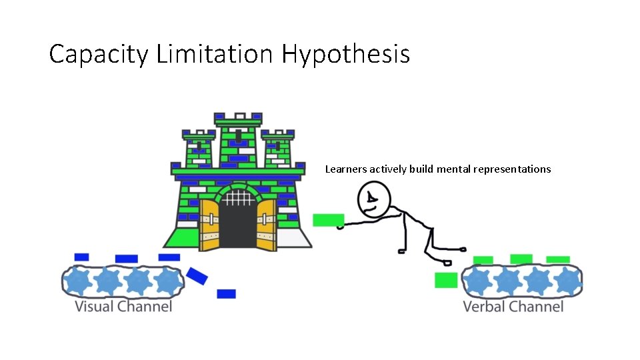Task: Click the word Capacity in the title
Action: (x=99, y=54)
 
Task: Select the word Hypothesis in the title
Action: (x=345, y=54)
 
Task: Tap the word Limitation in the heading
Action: (x=215, y=53)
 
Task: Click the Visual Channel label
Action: (x=123, y=307)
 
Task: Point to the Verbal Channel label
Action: (x=513, y=307)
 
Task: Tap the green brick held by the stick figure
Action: (x=328, y=220)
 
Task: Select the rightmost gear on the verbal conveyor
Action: (x=567, y=281)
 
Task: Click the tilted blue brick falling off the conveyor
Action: (x=197, y=275)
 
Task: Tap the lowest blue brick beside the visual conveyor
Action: (x=226, y=293)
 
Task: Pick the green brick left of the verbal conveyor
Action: (x=446, y=280)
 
